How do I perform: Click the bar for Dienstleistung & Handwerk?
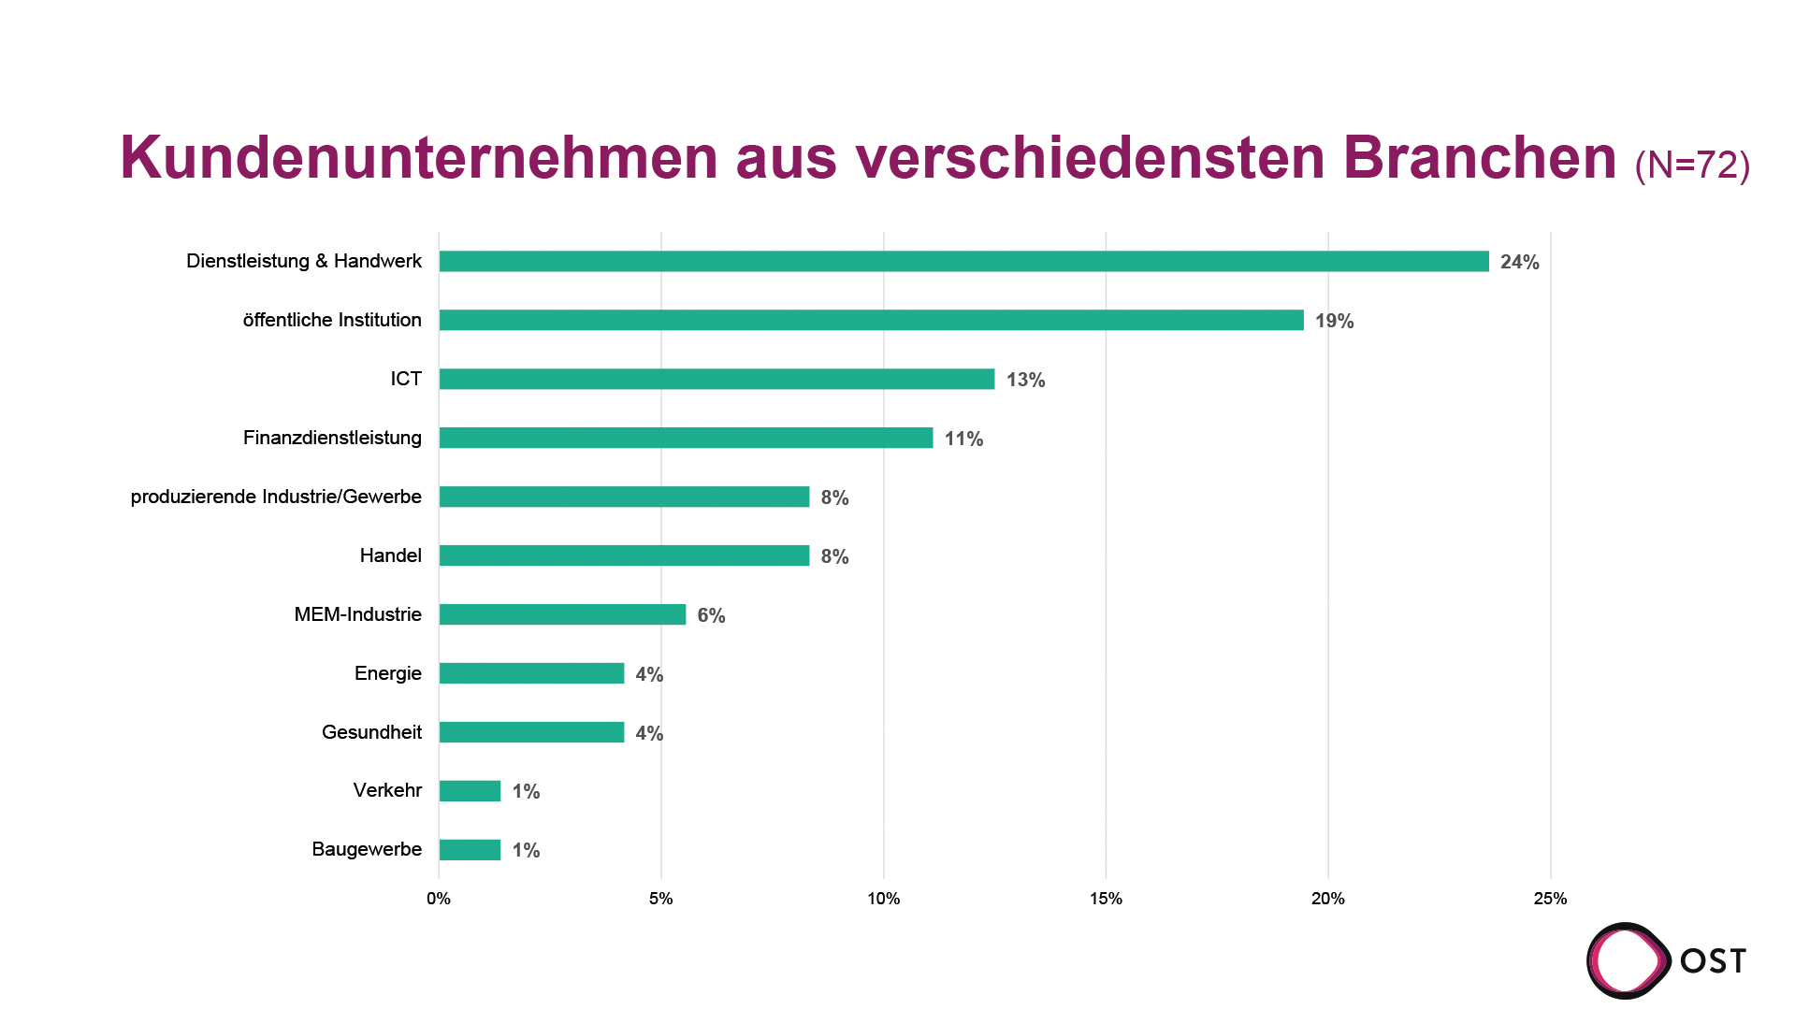point(963,262)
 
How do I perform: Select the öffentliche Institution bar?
point(871,321)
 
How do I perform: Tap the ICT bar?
point(717,380)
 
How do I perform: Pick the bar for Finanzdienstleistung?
point(686,439)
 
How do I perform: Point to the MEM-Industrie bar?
point(562,615)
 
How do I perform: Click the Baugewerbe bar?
point(470,850)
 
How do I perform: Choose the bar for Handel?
point(624,556)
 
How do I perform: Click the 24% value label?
point(1519,263)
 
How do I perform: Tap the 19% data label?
point(1334,322)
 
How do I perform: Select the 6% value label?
point(711,616)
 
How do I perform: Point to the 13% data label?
point(1025,381)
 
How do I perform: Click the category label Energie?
point(387,673)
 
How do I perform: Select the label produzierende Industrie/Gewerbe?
point(276,497)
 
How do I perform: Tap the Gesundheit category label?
point(371,732)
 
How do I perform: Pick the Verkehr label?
point(387,790)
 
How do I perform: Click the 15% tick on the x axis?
point(1106,899)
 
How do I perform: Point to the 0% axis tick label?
point(439,899)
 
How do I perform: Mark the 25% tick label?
point(1550,899)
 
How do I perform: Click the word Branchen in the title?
point(1480,157)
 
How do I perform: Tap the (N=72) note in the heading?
point(1692,165)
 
